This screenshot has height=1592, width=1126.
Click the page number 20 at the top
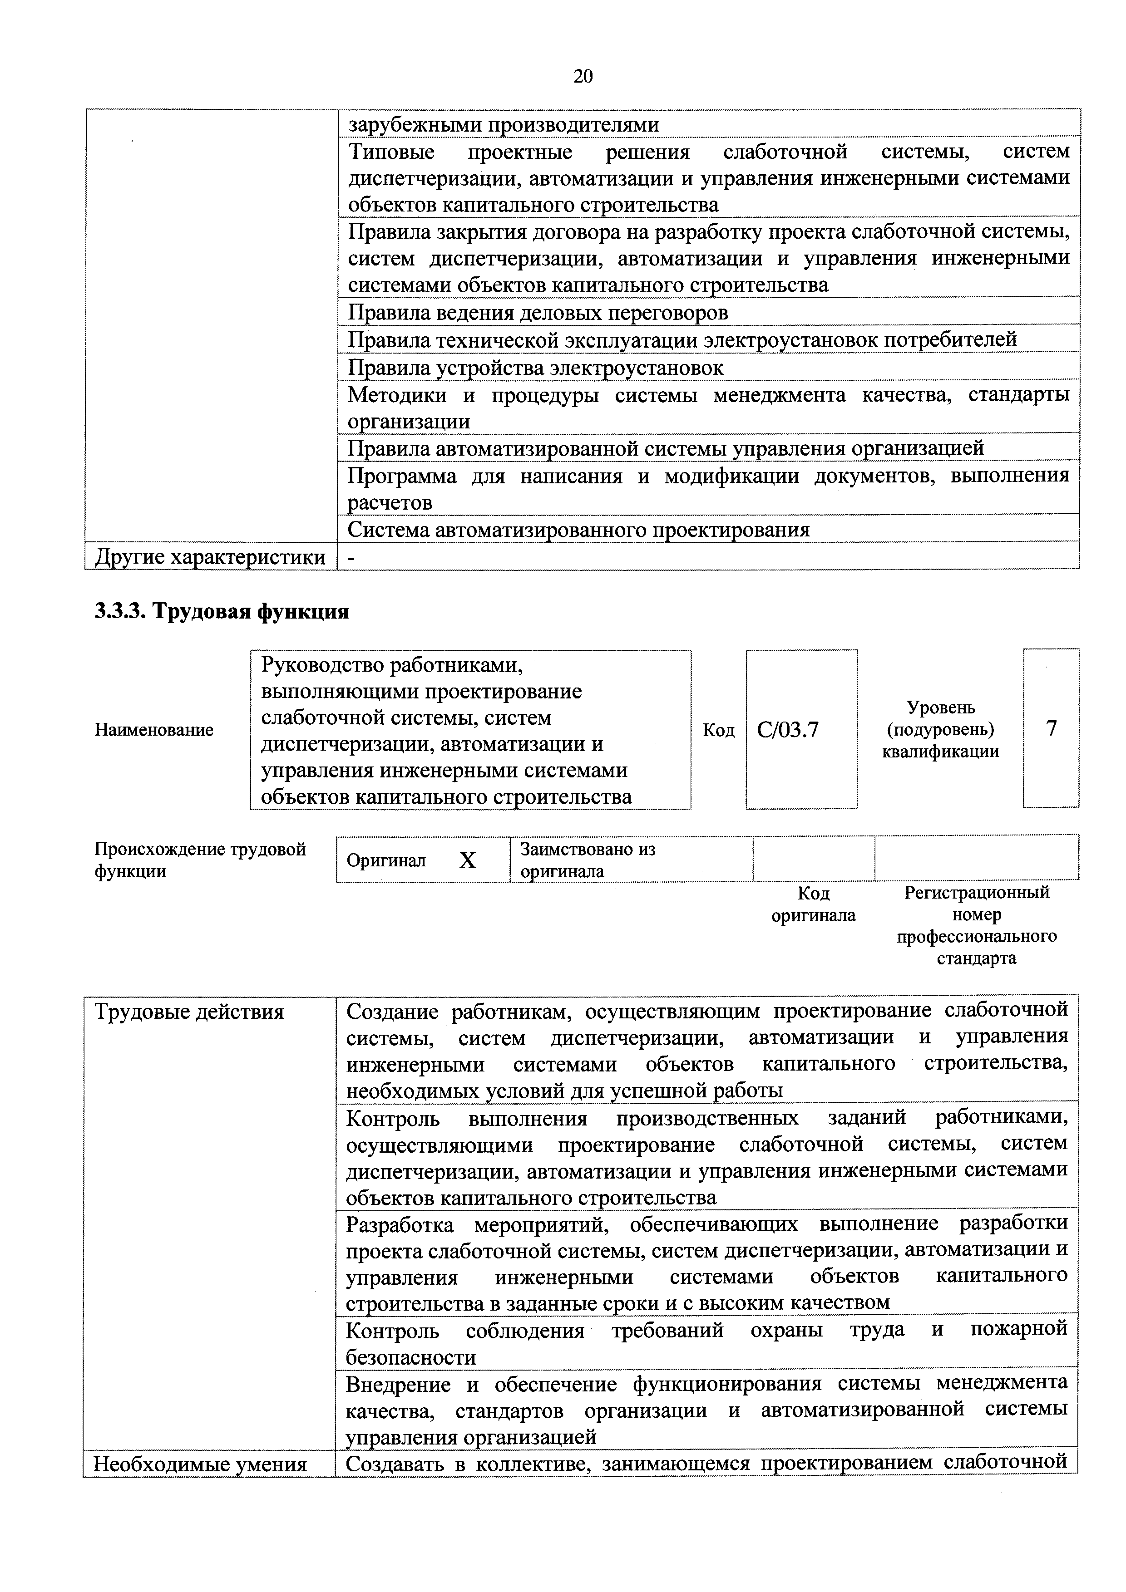583,76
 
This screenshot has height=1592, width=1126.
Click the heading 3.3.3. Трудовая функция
222,612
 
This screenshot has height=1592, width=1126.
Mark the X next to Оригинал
468,860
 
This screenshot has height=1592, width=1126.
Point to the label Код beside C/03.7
718,730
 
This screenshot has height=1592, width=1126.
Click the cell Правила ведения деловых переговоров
538,313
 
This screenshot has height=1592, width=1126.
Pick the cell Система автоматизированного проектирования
578,530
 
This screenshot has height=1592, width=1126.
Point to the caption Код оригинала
813,904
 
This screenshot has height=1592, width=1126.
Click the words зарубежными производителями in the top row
503,125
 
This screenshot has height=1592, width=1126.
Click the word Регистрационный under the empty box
976,892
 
